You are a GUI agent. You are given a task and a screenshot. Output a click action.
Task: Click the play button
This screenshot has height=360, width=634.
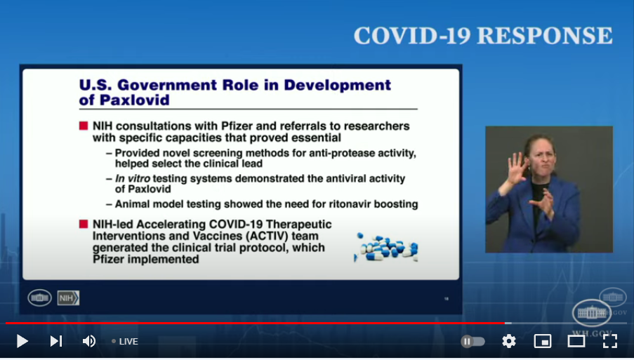[x=22, y=342]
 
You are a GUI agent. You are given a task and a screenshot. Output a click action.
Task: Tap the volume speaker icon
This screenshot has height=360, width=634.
[x=89, y=342]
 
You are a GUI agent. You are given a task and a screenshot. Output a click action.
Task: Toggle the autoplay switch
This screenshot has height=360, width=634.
[x=473, y=342]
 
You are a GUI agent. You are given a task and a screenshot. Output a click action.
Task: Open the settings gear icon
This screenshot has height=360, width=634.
[x=508, y=342]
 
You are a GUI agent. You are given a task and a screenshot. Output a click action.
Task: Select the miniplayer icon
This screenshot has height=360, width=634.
[x=543, y=342]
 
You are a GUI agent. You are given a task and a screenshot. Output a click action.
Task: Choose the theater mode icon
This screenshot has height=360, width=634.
[x=576, y=342]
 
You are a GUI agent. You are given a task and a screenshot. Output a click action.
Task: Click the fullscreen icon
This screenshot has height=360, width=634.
[x=609, y=342]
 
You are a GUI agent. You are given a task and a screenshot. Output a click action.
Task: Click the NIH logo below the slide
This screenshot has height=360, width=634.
[x=68, y=298]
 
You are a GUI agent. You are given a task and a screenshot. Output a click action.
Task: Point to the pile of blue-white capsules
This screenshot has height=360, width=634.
[x=386, y=247]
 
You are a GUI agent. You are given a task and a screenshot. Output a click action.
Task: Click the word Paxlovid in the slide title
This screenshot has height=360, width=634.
[x=134, y=100]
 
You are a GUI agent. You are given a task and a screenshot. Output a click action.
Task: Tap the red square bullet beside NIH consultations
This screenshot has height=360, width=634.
[x=84, y=126]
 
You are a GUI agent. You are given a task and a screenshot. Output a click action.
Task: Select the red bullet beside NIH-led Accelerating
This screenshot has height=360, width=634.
[x=84, y=224]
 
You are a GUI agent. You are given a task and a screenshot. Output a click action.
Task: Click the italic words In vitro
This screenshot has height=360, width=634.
[x=133, y=178]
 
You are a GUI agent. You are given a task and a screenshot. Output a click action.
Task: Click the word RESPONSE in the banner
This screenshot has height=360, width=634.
[x=545, y=36]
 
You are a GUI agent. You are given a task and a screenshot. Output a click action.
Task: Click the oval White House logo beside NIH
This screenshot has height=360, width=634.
[x=39, y=298]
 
